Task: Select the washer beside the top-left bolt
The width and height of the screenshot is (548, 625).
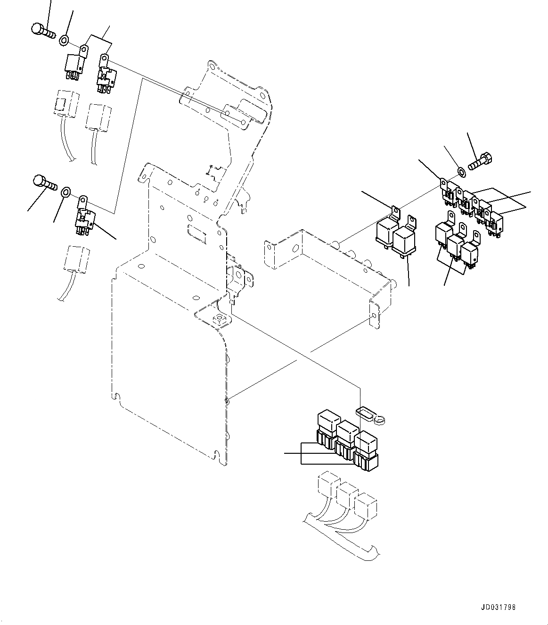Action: coord(65,40)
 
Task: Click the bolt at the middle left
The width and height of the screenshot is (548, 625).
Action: coord(44,183)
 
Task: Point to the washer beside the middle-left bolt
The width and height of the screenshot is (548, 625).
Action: coord(66,191)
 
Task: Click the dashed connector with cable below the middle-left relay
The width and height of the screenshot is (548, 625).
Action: coord(76,259)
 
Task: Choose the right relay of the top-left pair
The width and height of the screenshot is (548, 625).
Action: coord(106,75)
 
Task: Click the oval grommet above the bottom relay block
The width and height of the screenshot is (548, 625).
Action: coord(366,413)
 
